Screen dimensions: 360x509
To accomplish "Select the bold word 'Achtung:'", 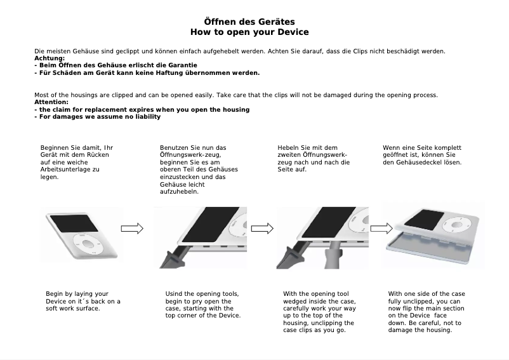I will (x=50, y=58).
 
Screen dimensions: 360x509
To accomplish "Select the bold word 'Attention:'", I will (x=51, y=102).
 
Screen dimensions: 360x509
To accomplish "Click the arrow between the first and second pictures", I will (x=132, y=229).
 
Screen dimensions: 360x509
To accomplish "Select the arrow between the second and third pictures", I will (x=262, y=229).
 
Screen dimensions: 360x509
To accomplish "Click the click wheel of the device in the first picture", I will (x=86, y=242).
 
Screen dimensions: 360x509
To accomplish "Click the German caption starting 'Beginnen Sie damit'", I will (x=76, y=163).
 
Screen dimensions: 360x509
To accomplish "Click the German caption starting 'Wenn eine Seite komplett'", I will (x=422, y=155).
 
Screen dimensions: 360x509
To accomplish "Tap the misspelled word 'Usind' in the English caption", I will (x=175, y=294).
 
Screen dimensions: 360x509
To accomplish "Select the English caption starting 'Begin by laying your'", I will (x=83, y=301).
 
